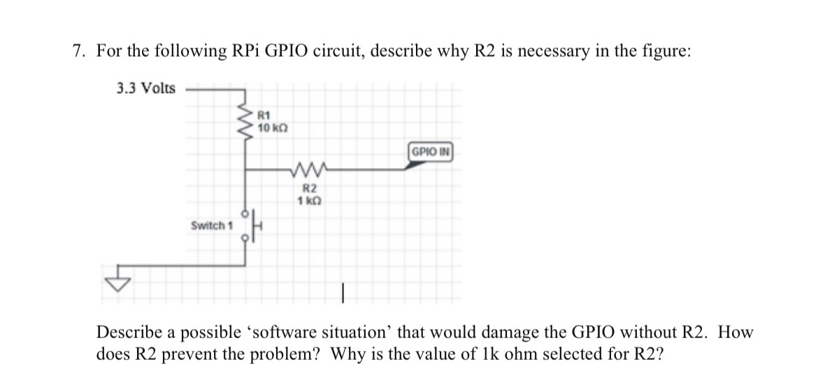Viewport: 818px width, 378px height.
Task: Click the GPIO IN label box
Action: (x=431, y=151)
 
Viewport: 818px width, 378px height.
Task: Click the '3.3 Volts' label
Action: (x=145, y=88)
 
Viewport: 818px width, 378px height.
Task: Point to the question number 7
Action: (x=78, y=51)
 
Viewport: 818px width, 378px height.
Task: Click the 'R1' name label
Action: (x=264, y=115)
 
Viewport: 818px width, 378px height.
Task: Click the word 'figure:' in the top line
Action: (x=666, y=51)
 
